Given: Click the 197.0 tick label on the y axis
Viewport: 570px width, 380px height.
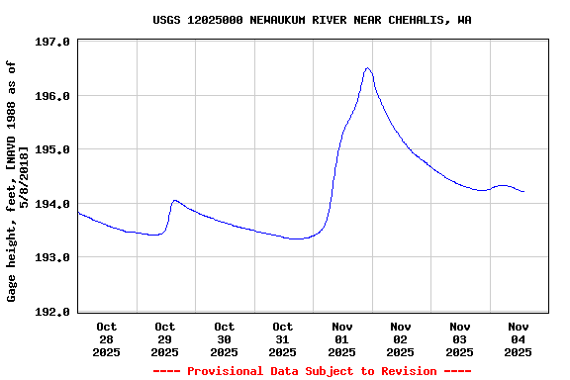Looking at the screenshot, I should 51,43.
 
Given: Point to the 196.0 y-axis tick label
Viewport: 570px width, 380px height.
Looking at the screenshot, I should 51,96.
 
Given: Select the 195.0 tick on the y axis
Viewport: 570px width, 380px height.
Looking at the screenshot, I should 51,150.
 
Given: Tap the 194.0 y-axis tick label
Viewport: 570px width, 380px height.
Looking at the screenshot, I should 51,204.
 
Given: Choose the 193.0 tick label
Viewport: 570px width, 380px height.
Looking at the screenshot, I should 51,257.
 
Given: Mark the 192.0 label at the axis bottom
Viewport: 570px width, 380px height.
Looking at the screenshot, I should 51,312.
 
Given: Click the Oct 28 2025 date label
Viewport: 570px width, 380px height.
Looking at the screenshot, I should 107,338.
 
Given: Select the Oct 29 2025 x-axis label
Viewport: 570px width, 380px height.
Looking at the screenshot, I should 165,338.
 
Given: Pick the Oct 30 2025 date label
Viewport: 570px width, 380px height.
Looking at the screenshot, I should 225,338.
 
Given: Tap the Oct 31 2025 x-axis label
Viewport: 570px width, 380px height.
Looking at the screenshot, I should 283,338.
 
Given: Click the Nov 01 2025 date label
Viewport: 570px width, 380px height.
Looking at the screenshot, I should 342,338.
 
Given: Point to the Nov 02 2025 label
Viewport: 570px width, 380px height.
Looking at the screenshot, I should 401,338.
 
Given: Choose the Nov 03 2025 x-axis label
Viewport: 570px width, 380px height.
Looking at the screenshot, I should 460,338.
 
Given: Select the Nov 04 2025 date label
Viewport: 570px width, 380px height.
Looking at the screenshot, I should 519,338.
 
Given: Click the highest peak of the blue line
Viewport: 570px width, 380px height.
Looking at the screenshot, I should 367,68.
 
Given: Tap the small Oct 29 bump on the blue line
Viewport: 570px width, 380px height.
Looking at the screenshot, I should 175,201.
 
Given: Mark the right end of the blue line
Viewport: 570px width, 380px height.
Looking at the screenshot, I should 523,191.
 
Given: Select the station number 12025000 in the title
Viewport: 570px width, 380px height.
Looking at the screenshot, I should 216,20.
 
